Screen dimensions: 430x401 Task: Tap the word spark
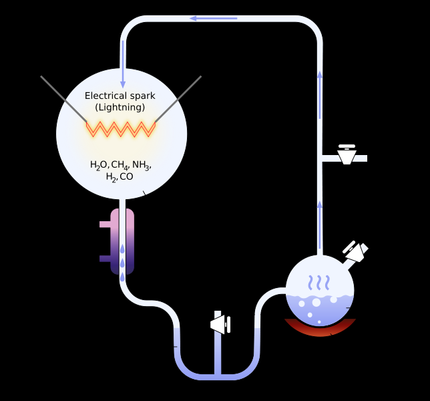tap(143, 96)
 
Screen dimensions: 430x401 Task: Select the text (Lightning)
tap(120, 108)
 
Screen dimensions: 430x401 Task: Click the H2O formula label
tap(99, 165)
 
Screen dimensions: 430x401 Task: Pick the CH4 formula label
tap(120, 165)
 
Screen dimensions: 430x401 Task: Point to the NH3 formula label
tap(142, 165)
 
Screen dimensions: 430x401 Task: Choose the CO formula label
tap(126, 176)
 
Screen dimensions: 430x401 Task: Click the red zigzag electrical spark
tap(121, 129)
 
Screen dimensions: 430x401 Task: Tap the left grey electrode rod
tap(63, 99)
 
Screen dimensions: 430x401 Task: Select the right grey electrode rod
tap(178, 99)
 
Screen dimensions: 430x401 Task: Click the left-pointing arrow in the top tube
tap(214, 19)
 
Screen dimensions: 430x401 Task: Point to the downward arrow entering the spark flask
tap(123, 65)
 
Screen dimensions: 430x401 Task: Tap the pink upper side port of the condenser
tap(105, 225)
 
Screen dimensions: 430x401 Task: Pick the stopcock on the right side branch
tap(347, 154)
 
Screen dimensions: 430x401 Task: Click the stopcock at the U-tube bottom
tap(220, 324)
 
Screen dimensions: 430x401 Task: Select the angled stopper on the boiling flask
tap(356, 251)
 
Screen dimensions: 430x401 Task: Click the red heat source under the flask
tap(320, 328)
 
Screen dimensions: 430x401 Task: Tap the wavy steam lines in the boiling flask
tap(319, 283)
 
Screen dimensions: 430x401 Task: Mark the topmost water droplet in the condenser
tap(122, 249)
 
